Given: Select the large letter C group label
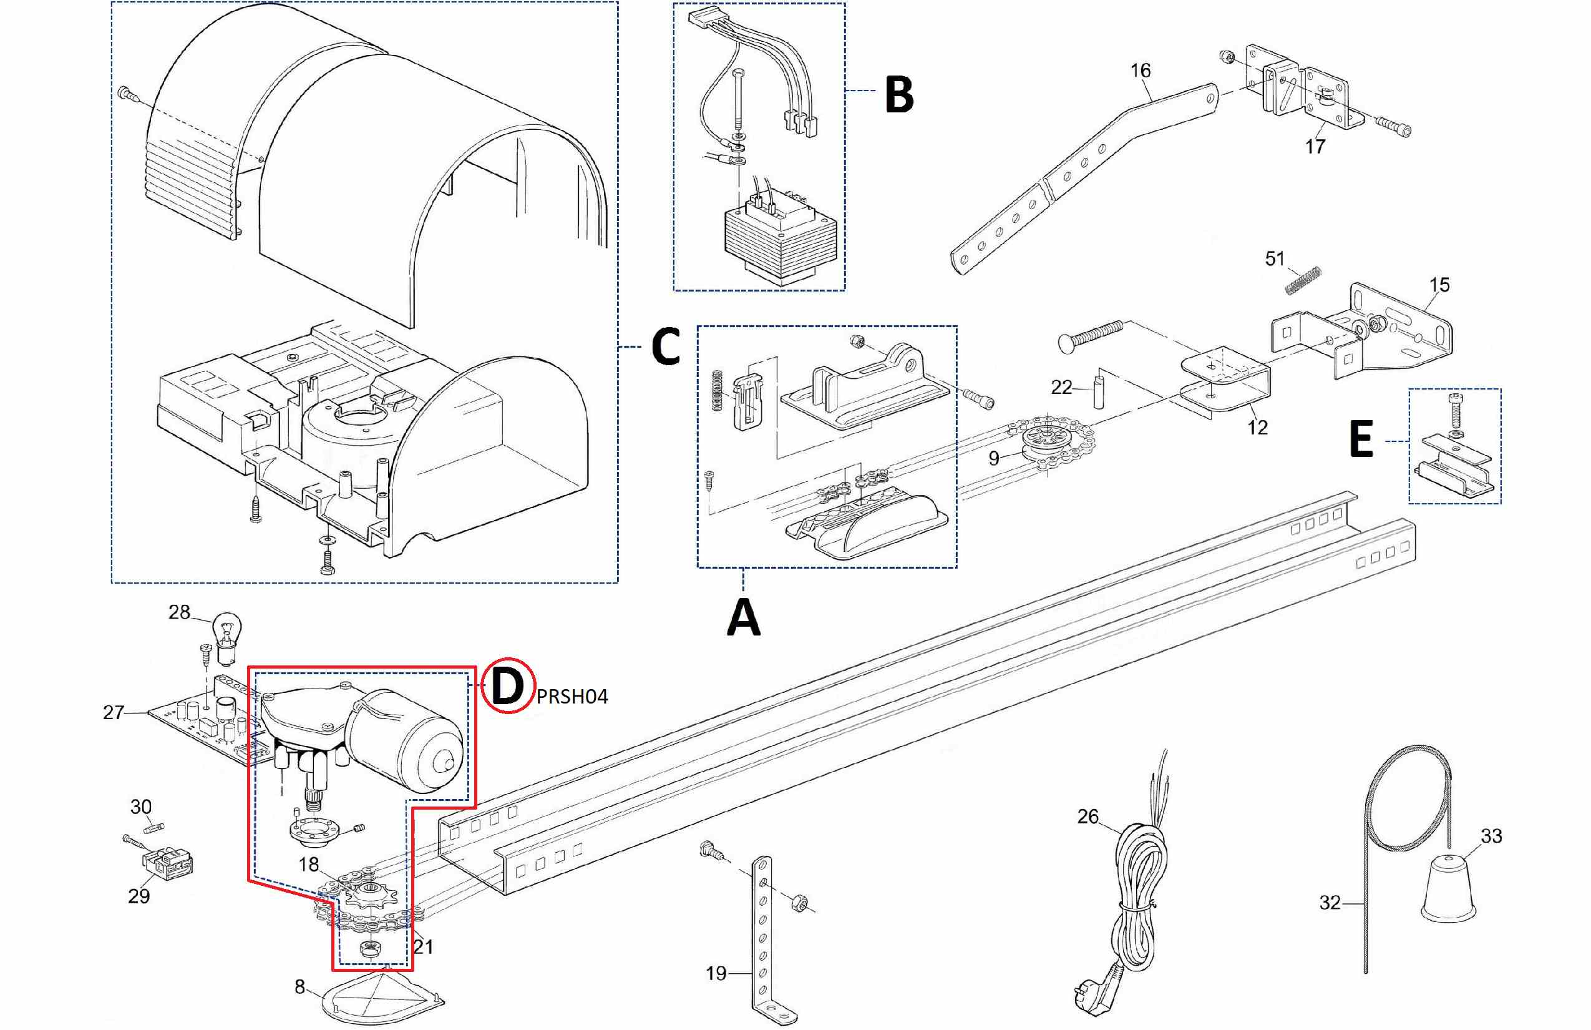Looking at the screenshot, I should pos(665,346).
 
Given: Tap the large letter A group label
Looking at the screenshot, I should pos(743,617).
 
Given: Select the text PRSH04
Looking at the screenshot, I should pos(572,697).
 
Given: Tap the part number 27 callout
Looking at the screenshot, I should pos(113,712).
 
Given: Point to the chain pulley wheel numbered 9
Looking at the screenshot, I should pos(1048,441).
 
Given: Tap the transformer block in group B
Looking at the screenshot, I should pos(780,241).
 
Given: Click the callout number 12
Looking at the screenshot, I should pos(1257,428).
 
